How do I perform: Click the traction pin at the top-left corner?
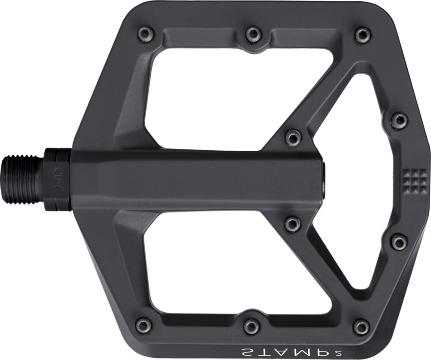144,33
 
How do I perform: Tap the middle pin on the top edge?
253,34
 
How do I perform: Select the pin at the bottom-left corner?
143,324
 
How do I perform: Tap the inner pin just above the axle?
293,138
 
